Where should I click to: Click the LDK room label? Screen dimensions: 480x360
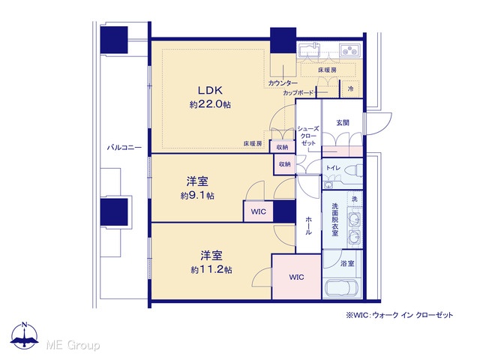click(210, 90)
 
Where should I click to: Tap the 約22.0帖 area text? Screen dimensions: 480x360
click(210, 104)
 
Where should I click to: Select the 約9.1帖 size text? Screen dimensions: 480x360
click(197, 195)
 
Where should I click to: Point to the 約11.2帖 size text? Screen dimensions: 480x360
click(211, 270)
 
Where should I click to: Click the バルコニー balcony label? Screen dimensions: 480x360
click(124, 148)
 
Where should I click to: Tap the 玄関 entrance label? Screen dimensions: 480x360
click(343, 123)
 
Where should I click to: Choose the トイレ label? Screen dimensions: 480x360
click(333, 168)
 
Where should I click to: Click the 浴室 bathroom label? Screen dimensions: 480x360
click(347, 263)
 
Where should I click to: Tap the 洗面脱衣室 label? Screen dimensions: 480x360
click(335, 220)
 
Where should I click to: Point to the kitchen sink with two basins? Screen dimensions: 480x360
click(350, 50)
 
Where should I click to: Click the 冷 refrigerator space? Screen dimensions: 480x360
click(351, 88)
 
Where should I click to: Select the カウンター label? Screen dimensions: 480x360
click(283, 83)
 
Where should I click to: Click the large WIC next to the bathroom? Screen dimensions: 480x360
click(297, 277)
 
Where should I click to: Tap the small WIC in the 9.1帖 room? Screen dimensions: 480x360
click(258, 211)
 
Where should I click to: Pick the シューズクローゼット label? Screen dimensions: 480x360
click(308, 136)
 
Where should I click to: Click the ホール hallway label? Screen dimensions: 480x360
click(308, 226)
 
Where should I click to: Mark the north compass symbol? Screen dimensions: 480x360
click(25, 335)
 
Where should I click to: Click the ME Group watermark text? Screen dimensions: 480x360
click(73, 345)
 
